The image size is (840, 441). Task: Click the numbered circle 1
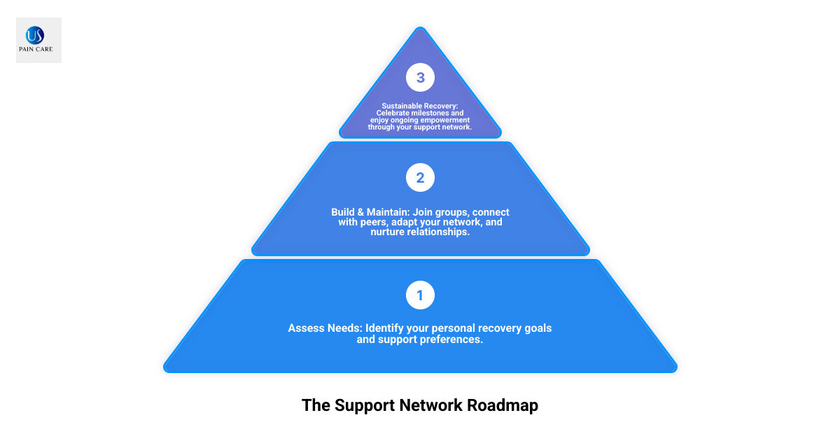(420, 295)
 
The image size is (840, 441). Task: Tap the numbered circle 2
(420, 178)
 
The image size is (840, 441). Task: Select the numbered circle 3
(420, 78)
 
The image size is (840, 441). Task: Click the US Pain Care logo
(38, 41)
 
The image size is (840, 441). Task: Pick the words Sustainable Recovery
(419, 106)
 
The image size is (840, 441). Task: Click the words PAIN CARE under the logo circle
(38, 50)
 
